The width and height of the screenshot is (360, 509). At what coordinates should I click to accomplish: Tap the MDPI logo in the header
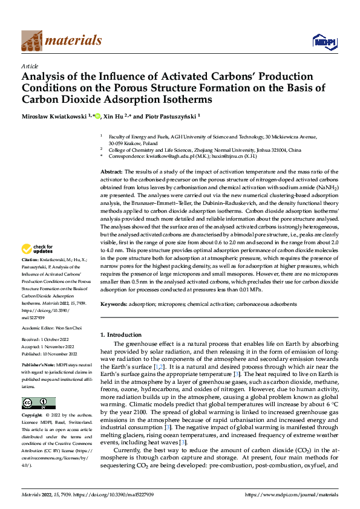tap(324, 41)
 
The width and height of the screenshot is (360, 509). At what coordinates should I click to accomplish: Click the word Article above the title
tap(30, 65)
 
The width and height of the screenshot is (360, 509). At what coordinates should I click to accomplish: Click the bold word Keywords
tap(114, 303)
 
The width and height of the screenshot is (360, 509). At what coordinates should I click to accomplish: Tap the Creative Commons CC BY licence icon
tap(38, 403)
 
